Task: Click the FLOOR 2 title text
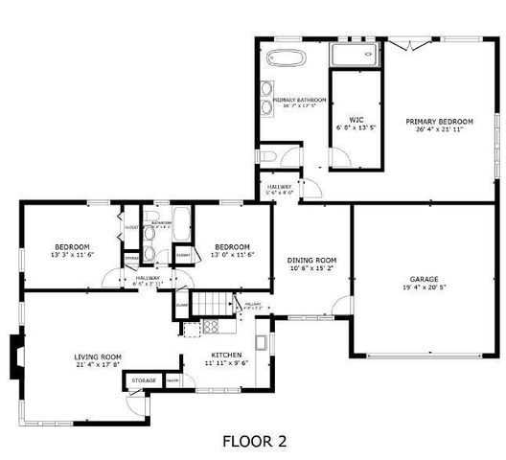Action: [x=254, y=442]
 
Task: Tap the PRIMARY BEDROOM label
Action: [x=439, y=122]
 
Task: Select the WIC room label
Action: [x=356, y=119]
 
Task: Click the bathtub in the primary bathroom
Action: [x=285, y=57]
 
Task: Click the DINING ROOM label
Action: [x=312, y=261]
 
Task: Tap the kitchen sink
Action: [x=261, y=341]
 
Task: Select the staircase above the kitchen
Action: [x=216, y=304]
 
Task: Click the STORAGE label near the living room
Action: [x=144, y=380]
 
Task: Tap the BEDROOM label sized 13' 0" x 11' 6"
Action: [x=232, y=245]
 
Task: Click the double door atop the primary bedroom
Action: [x=410, y=44]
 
